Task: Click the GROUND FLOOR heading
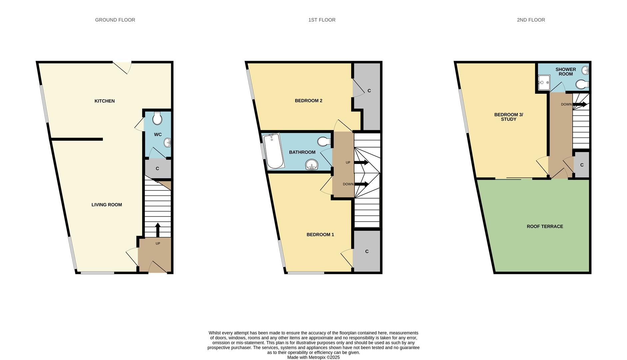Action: pyautogui.click(x=115, y=20)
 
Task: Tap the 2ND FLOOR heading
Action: pyautogui.click(x=531, y=20)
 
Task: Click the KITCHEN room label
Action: pyautogui.click(x=105, y=101)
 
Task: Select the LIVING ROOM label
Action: pyautogui.click(x=107, y=205)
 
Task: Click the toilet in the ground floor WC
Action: pyautogui.click(x=157, y=118)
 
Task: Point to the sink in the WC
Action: pyautogui.click(x=167, y=143)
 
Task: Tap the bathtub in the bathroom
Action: pyautogui.click(x=274, y=151)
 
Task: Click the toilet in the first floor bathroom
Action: pyautogui.click(x=323, y=141)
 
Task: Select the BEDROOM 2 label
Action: pyautogui.click(x=309, y=101)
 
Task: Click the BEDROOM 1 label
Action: pyautogui.click(x=320, y=235)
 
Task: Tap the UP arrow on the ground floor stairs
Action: pyautogui.click(x=158, y=230)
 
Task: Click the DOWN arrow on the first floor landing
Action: pyautogui.click(x=362, y=184)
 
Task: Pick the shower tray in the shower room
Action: pyautogui.click(x=544, y=83)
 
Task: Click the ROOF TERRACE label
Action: pyautogui.click(x=545, y=226)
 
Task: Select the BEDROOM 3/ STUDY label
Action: pyautogui.click(x=508, y=117)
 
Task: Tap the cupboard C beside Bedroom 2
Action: pyautogui.click(x=369, y=91)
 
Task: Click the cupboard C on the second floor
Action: pyautogui.click(x=582, y=165)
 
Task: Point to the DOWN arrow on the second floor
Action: pyautogui.click(x=580, y=104)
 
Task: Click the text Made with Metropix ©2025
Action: pyautogui.click(x=313, y=357)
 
